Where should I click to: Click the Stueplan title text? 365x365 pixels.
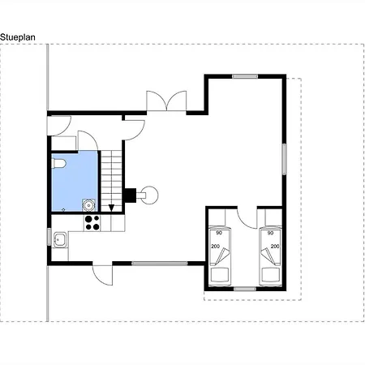18,37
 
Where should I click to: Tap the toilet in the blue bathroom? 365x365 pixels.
58,164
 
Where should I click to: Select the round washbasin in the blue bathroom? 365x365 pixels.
88,205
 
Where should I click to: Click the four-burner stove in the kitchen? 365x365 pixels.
92,223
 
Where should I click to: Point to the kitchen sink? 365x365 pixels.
60,239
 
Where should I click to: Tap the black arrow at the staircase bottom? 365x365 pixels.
111,208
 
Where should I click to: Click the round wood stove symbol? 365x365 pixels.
150,195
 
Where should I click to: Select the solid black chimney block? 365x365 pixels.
131,195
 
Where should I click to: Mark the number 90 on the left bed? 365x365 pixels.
219,233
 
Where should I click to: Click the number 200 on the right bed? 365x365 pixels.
275,247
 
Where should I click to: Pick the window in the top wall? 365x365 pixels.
245,76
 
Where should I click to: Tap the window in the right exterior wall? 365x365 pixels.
285,159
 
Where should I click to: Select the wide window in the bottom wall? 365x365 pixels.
160,264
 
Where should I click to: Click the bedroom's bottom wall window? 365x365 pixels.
245,289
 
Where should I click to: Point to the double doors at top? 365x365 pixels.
166,101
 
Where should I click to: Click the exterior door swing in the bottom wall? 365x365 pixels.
102,275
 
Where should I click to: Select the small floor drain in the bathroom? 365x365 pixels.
63,209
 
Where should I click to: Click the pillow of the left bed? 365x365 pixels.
221,275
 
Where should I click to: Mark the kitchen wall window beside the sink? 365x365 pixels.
49,237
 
